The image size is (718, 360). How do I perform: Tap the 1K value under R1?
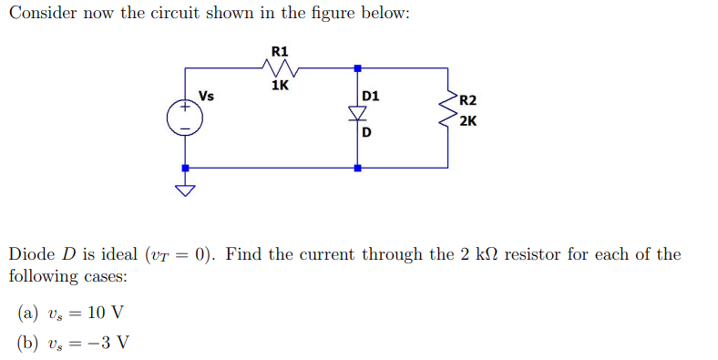(x=280, y=86)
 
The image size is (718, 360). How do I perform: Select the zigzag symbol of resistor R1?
(x=280, y=67)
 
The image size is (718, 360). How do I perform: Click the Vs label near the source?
(x=207, y=95)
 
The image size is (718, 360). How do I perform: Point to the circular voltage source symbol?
(x=184, y=118)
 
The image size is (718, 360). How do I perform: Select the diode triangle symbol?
(x=357, y=113)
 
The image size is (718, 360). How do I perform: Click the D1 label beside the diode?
(x=371, y=96)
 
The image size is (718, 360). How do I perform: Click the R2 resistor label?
(x=467, y=101)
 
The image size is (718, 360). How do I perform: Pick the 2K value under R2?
(x=468, y=121)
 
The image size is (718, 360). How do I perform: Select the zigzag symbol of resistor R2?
(x=448, y=110)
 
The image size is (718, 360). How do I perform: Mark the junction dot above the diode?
(x=357, y=68)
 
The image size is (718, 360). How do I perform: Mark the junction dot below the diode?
(x=357, y=168)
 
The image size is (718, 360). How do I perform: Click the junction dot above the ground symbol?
(x=185, y=168)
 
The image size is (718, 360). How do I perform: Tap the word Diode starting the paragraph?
(x=31, y=254)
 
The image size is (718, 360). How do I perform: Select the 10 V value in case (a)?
(x=104, y=314)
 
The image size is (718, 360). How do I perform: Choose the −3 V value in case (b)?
(x=108, y=344)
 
